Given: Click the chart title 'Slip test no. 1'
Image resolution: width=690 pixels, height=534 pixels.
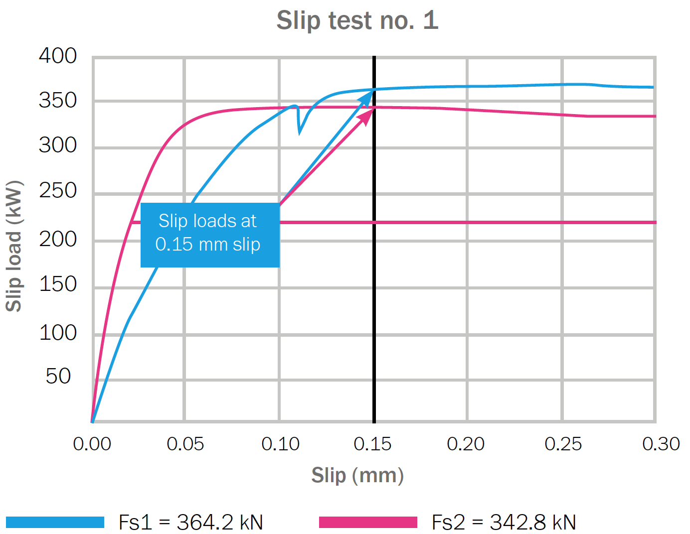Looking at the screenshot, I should point(357,21).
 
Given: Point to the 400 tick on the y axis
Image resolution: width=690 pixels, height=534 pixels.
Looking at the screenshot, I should point(58,56).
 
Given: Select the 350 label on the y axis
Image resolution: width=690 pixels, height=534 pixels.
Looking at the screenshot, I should point(58,101).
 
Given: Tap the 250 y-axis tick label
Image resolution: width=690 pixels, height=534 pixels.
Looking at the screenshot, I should point(58,190).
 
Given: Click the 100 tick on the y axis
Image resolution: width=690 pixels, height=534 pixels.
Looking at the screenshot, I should point(58,333).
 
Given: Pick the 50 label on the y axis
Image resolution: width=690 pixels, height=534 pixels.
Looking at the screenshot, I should point(58,376).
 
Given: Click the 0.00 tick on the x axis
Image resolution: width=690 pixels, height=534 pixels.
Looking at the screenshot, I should point(92,444).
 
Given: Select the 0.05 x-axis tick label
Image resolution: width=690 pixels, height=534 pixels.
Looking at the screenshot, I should point(185,444).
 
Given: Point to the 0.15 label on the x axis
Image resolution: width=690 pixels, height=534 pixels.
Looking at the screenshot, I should point(372,444).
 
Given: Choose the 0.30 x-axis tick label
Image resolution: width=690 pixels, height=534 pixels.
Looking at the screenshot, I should point(661,444).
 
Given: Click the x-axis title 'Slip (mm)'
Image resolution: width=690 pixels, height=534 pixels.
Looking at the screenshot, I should point(357,475).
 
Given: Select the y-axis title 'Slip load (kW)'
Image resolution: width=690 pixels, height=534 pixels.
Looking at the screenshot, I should point(14,246).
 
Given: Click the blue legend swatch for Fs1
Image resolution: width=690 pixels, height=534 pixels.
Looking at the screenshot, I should point(55,522).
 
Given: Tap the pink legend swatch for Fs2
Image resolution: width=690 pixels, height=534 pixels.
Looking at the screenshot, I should point(368,522).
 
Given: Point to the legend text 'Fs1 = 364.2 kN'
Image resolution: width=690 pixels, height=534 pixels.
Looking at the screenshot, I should point(191,522).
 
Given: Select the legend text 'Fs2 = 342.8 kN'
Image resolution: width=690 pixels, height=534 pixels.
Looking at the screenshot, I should point(504,522).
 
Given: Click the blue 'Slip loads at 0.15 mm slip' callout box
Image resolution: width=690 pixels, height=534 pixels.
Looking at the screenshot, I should point(210,235).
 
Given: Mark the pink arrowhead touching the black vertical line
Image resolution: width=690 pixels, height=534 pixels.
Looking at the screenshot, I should point(368,115).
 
